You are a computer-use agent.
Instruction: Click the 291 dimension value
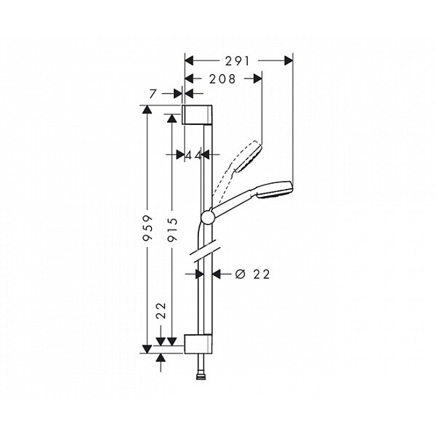pos(237,61)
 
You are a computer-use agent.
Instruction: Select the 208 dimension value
pos(222,79)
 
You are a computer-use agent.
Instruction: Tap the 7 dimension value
pos(153,94)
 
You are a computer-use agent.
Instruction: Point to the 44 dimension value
pos(193,156)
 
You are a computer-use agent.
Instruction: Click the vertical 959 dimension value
pos(148,227)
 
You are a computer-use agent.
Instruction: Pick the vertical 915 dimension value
pos(172,229)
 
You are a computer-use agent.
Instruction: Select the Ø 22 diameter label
pos(252,275)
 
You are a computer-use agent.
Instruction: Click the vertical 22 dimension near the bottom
pos(161,310)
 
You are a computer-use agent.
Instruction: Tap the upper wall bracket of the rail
pos(197,115)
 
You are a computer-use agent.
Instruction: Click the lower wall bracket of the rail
pos(198,344)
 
